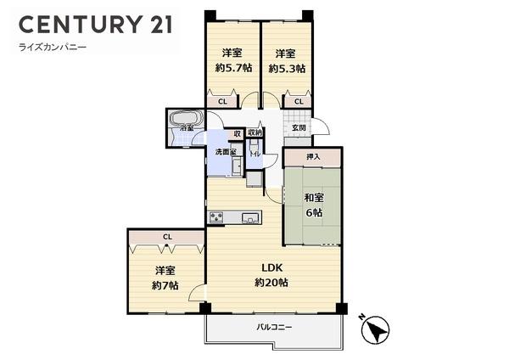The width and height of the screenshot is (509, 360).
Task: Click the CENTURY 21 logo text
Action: pyautogui.click(x=96, y=25)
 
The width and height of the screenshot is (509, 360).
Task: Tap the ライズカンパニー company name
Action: pyautogui.click(x=53, y=48)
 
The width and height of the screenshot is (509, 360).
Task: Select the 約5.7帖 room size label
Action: pyautogui.click(x=234, y=68)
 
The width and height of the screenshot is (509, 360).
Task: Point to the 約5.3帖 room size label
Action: pyautogui.click(x=287, y=69)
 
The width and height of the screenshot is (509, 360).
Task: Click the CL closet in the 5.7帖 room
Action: pyautogui.click(x=222, y=102)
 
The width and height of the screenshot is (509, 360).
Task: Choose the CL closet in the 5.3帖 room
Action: pyautogui.click(x=299, y=102)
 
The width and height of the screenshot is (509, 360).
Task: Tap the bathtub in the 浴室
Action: pyautogui.click(x=187, y=118)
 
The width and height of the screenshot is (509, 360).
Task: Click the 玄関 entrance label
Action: pyautogui.click(x=299, y=127)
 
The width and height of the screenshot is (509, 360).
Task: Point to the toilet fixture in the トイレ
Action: pyautogui.click(x=253, y=148)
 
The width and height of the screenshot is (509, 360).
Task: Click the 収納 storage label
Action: pyautogui.click(x=255, y=132)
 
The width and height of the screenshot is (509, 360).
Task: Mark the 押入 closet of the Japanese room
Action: pyautogui.click(x=313, y=157)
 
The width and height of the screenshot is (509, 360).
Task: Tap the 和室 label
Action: pyautogui.click(x=314, y=198)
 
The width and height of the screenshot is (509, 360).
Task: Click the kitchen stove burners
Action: pyautogui.click(x=216, y=217)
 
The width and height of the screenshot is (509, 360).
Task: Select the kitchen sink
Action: pyautogui.click(x=250, y=217)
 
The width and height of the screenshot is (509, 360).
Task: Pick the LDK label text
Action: pyautogui.click(x=272, y=268)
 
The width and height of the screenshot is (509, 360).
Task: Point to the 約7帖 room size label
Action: pyautogui.click(x=165, y=285)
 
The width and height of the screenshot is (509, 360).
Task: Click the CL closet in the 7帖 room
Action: pyautogui.click(x=167, y=237)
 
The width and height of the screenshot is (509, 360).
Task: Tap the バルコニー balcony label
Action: pyautogui.click(x=274, y=327)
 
